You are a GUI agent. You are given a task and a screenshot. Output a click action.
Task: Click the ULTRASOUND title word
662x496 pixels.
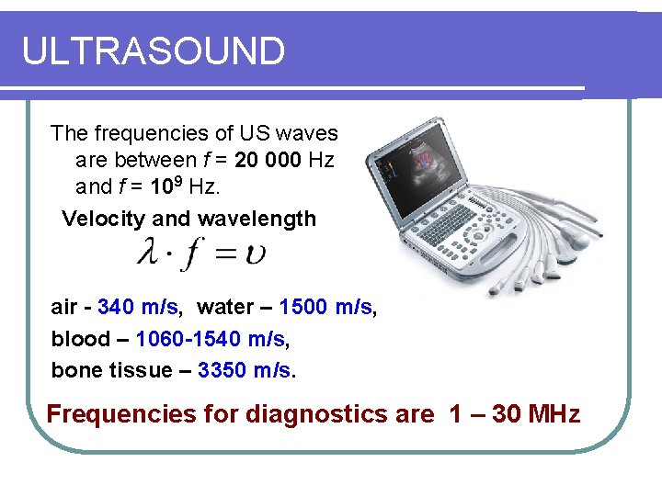coord(154,51)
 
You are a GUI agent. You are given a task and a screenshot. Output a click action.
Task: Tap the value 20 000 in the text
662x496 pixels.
coord(268,161)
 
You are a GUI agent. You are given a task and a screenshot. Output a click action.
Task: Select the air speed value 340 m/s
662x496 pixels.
coord(137,307)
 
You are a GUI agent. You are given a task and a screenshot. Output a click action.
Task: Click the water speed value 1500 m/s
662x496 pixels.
coord(326,307)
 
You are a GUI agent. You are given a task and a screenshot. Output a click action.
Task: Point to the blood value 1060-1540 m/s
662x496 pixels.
coord(210,339)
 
